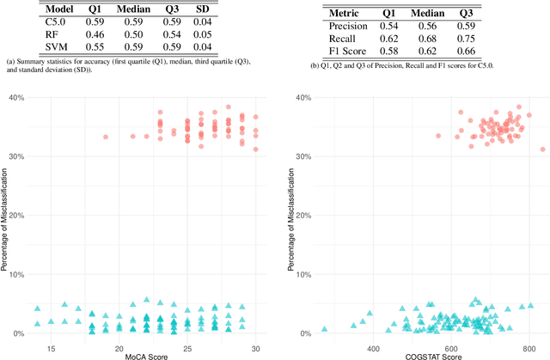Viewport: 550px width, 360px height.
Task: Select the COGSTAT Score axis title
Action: click(x=413, y=355)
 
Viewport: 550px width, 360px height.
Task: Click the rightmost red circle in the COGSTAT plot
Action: click(x=542, y=148)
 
